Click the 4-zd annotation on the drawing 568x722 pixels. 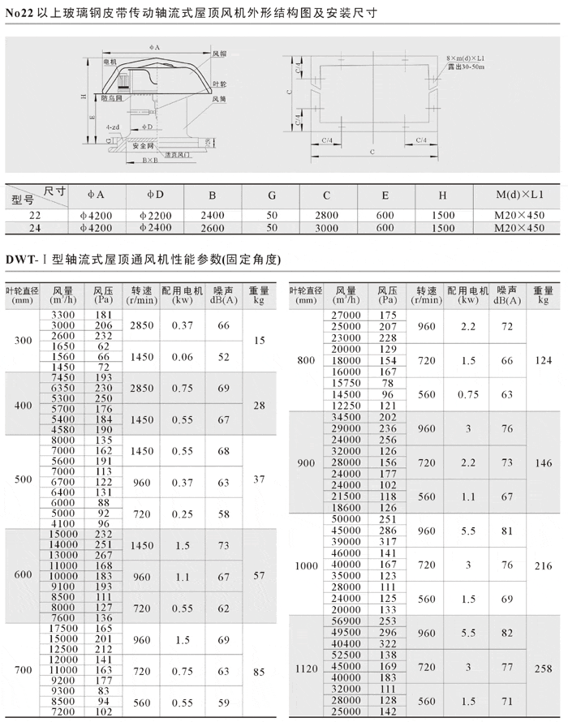(x=113, y=127)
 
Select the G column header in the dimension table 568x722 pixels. (x=272, y=195)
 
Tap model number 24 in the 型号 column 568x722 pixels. (x=34, y=228)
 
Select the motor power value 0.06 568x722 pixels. (x=182, y=357)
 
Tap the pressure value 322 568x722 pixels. (x=388, y=642)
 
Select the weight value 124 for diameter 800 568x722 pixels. (x=543, y=359)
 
